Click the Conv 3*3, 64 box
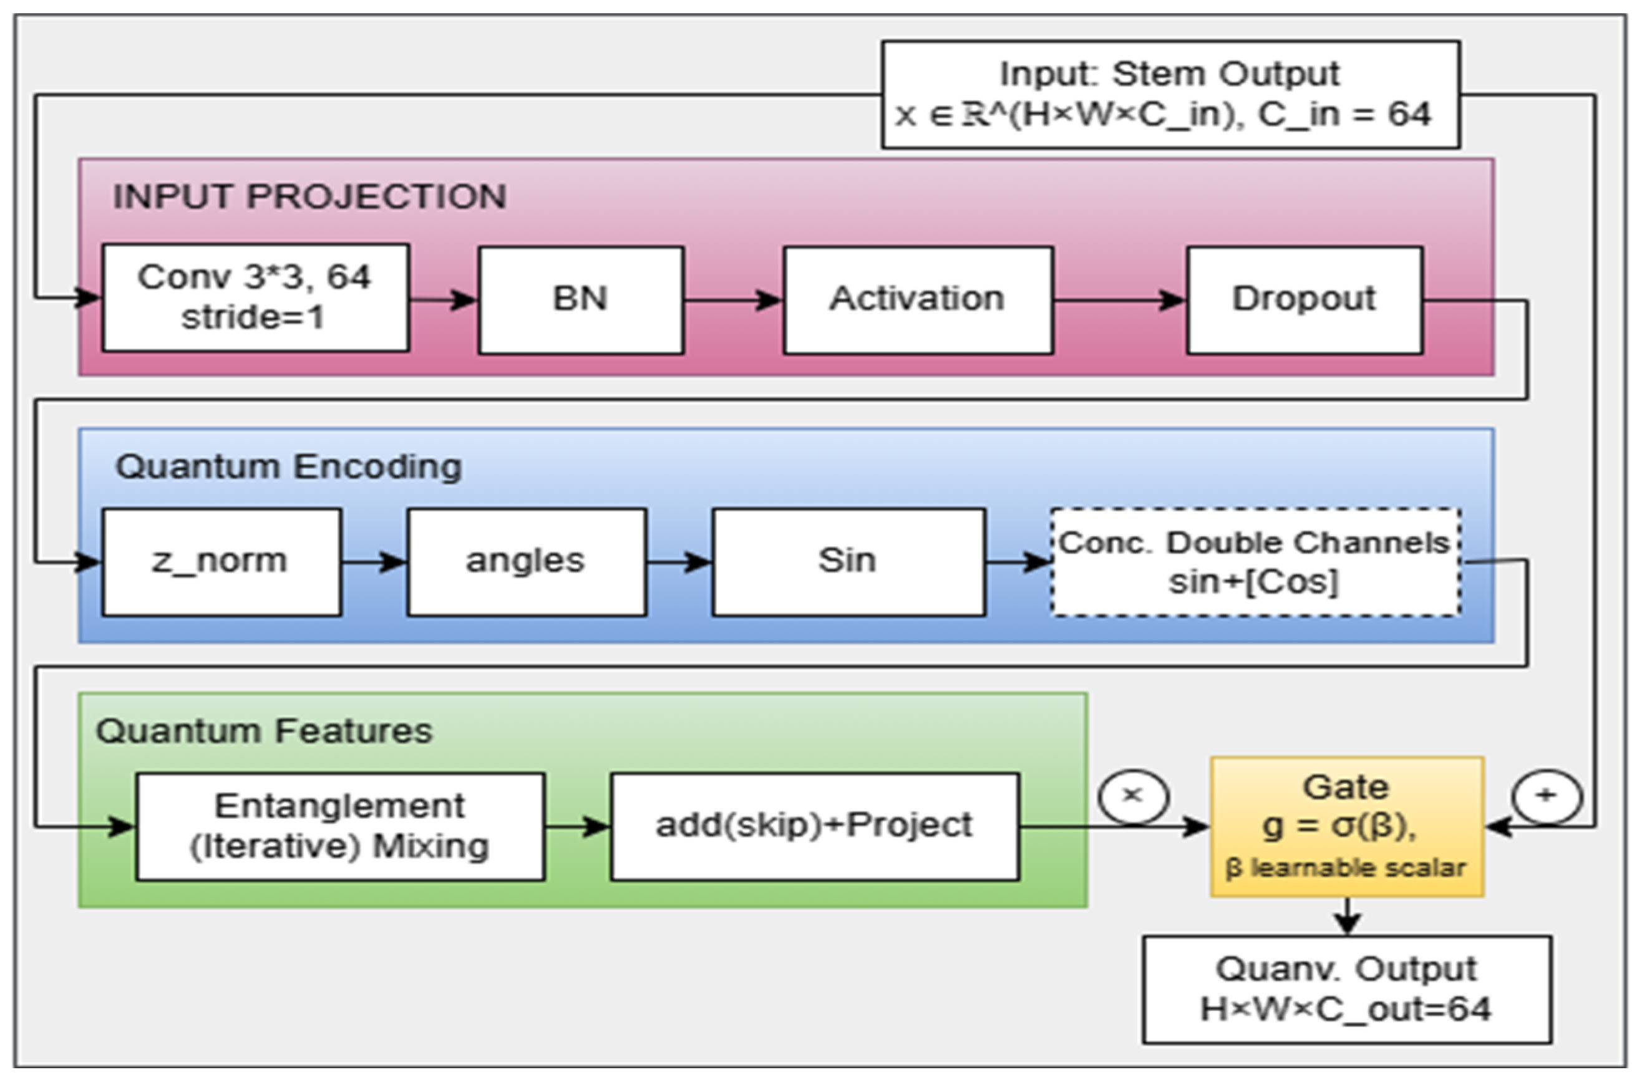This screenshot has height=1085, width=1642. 255,297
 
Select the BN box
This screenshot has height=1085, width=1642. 581,299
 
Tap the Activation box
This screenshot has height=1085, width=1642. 918,299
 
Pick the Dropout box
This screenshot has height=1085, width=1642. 1305,299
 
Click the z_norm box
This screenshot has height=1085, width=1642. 221,562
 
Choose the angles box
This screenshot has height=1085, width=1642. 527,562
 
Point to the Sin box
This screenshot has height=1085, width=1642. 848,562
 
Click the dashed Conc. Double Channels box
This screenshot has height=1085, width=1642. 1256,562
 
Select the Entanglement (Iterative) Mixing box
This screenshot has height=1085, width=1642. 341,826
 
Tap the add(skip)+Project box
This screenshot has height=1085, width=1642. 815,826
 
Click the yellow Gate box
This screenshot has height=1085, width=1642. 1346,827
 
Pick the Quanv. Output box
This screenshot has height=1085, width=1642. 1346,990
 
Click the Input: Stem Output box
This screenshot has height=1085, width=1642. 1170,94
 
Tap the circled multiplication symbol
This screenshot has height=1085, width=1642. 1133,796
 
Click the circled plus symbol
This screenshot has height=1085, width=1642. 1547,796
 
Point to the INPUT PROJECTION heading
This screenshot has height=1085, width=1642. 309,196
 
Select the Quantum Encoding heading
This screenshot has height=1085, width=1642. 289,466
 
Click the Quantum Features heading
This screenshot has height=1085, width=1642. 265,731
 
